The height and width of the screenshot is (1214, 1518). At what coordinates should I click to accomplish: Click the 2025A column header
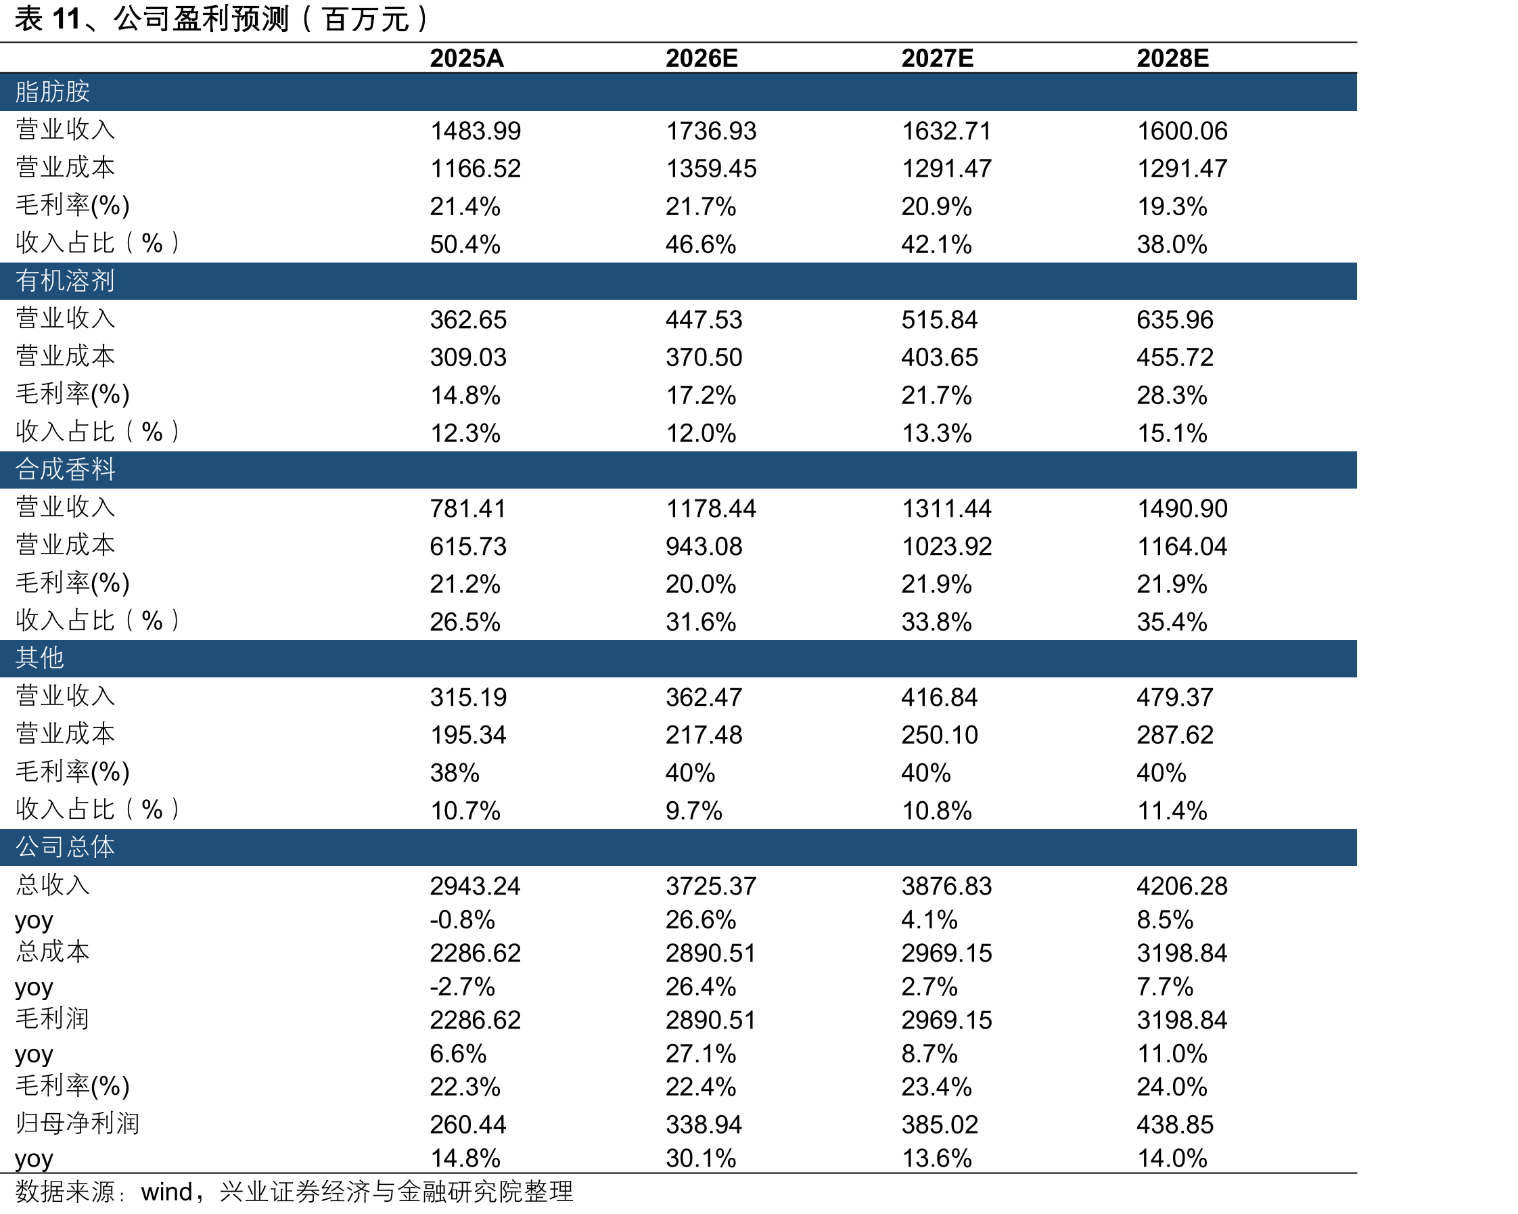[467, 58]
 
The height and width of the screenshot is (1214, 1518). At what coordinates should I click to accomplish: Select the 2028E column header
[1172, 58]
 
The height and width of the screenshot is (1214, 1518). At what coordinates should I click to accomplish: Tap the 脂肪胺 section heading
[53, 91]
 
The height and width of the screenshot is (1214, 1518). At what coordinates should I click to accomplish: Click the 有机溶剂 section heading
[65, 280]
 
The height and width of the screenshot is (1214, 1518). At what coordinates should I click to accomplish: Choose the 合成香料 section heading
[65, 469]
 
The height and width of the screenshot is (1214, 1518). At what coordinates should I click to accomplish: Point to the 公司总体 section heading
[65, 847]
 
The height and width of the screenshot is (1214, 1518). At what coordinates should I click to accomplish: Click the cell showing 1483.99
[476, 131]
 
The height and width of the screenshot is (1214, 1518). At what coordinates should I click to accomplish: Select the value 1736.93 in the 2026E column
[711, 131]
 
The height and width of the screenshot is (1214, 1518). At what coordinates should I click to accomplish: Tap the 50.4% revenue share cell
[465, 244]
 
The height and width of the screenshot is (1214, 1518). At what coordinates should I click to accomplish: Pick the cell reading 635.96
[1175, 319]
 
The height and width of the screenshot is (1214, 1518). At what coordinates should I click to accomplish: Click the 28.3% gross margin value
[1172, 395]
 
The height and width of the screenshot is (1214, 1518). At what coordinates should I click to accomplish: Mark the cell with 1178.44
[711, 508]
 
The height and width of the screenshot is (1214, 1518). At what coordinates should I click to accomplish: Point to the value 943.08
[704, 547]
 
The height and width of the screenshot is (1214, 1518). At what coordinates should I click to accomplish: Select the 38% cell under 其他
[455, 773]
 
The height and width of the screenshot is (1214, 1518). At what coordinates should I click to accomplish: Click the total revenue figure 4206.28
[1182, 886]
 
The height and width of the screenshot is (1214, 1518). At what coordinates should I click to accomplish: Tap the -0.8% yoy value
[463, 920]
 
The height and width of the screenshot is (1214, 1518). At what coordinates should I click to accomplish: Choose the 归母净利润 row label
[77, 1123]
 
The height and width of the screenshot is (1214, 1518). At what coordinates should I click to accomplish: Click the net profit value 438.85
[1175, 1125]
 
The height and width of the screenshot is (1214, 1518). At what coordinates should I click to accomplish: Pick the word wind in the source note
[166, 1192]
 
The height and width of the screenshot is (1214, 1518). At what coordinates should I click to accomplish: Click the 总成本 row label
[53, 951]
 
